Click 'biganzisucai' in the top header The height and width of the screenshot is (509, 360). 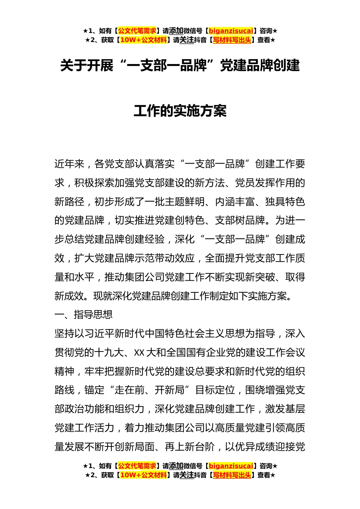(231, 31)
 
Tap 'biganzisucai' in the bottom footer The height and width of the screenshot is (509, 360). (231, 466)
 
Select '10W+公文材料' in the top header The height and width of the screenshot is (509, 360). (143, 40)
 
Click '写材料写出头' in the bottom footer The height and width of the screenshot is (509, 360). (232, 475)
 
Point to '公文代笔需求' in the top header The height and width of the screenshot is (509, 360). (137, 31)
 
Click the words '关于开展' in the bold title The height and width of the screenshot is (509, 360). (87, 66)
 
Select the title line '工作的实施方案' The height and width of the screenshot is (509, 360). (180, 111)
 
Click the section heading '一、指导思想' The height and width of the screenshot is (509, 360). (83, 314)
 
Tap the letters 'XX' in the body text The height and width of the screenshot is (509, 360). (139, 353)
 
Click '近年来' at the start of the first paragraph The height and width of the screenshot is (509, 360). (69, 164)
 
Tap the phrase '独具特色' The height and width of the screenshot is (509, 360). (285, 202)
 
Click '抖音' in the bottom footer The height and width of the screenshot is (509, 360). (200, 475)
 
